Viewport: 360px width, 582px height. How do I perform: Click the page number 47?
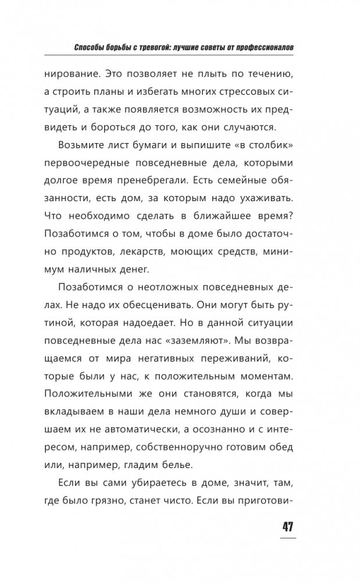[288, 527]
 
